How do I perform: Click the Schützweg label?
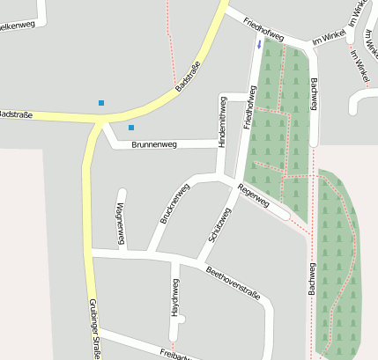(219, 225)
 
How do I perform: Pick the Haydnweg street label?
(174, 297)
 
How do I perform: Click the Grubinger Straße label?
(93, 327)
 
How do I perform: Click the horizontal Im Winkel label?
(328, 38)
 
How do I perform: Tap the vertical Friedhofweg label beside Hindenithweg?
(251, 107)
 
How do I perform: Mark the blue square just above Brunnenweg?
(131, 128)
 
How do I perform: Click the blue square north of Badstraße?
(101, 103)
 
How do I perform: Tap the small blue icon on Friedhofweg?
(258, 43)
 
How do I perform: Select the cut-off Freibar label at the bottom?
(176, 355)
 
